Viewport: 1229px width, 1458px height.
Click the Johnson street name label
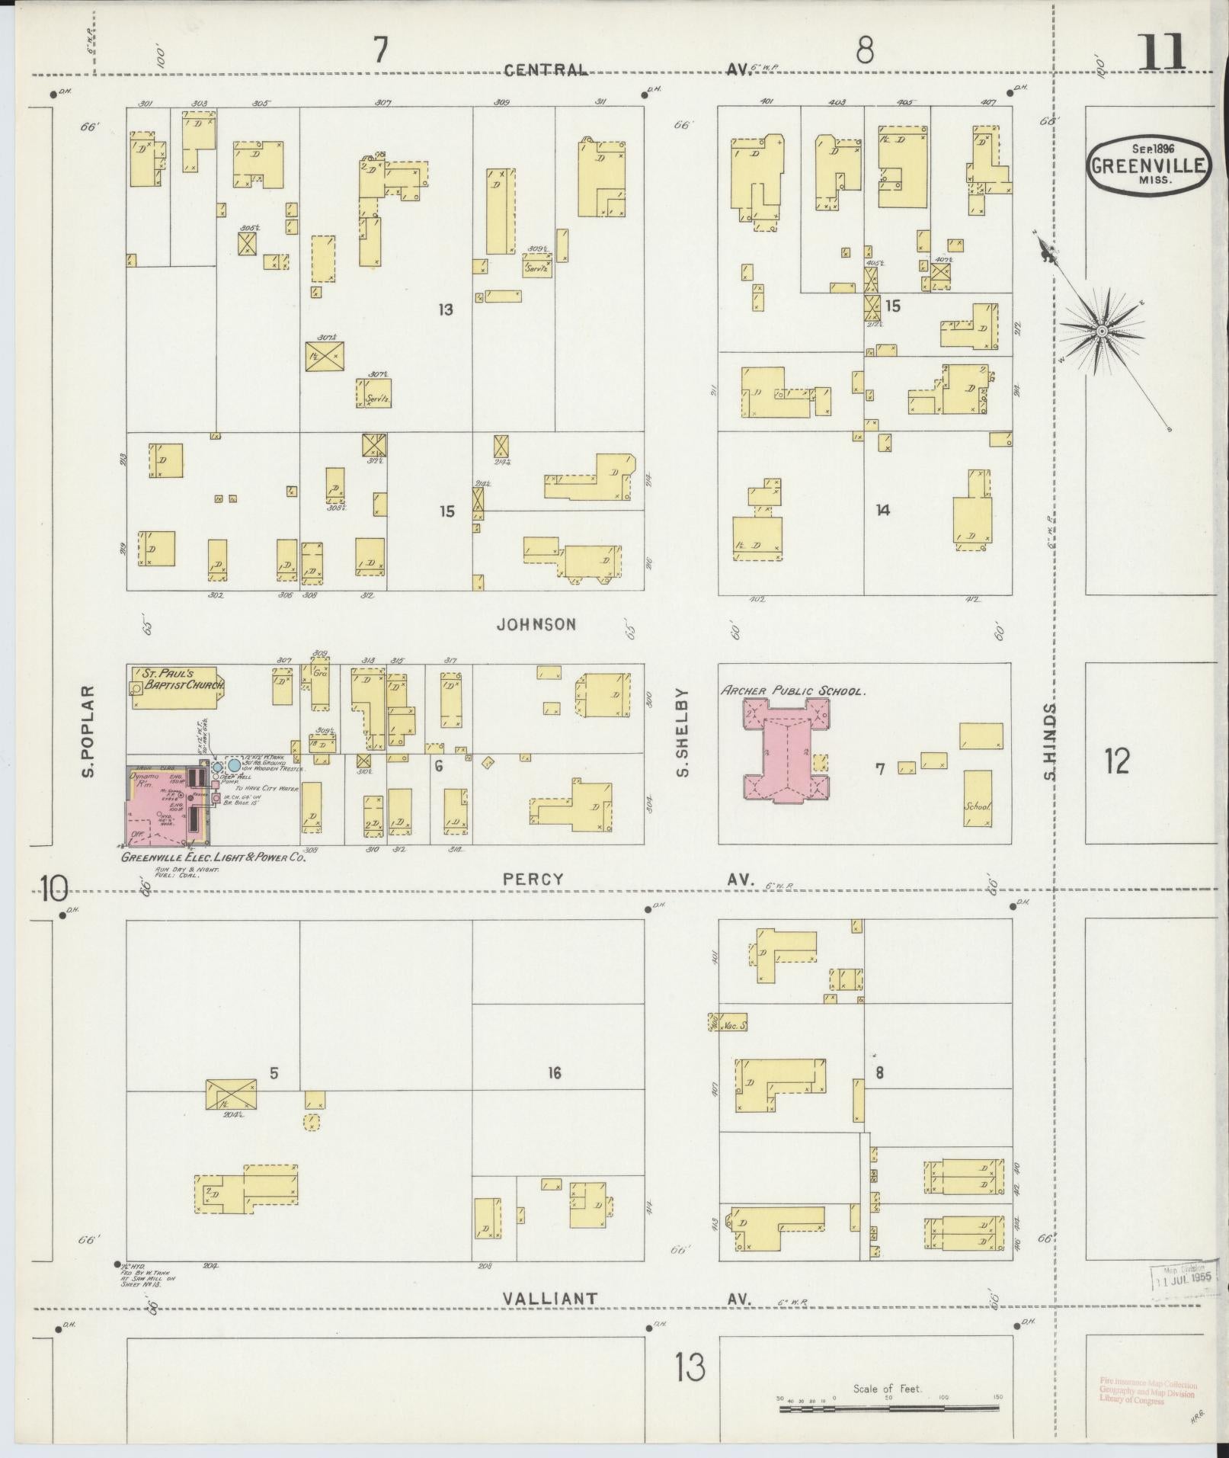536,625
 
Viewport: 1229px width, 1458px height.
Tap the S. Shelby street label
682,733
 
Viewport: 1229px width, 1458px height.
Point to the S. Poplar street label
89,732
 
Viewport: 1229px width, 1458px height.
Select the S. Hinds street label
1050,742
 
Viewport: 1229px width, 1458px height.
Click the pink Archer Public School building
785,750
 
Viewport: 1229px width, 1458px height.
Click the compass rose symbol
1101,331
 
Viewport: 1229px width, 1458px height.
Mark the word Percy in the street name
533,879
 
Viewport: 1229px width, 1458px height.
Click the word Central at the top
546,70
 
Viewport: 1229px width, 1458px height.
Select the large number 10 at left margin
54,889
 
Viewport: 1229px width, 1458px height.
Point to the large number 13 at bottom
690,1367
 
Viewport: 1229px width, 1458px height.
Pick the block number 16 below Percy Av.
554,1073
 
